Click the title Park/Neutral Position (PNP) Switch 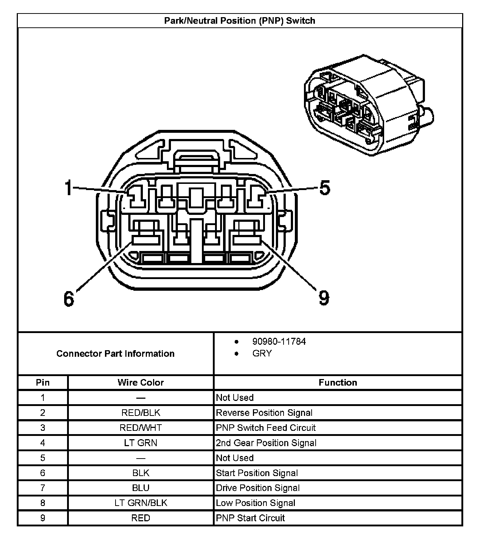tap(239, 21)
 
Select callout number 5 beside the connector tap(324, 188)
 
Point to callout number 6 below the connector tap(69, 299)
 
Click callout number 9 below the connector tap(324, 298)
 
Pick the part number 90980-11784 tap(279, 342)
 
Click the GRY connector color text tap(262, 353)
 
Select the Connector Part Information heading tap(115, 353)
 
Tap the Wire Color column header tap(140, 383)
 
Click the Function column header tap(337, 383)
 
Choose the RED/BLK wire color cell tap(141, 413)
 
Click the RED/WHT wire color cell tap(141, 428)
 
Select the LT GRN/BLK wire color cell tap(141, 503)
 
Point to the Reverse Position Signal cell tap(264, 413)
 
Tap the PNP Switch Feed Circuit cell tap(266, 428)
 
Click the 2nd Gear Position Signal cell tap(266, 443)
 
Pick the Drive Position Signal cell tap(258, 488)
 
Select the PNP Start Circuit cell tap(250, 518)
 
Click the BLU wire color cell tap(141, 488)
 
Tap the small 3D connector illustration tap(368, 106)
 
